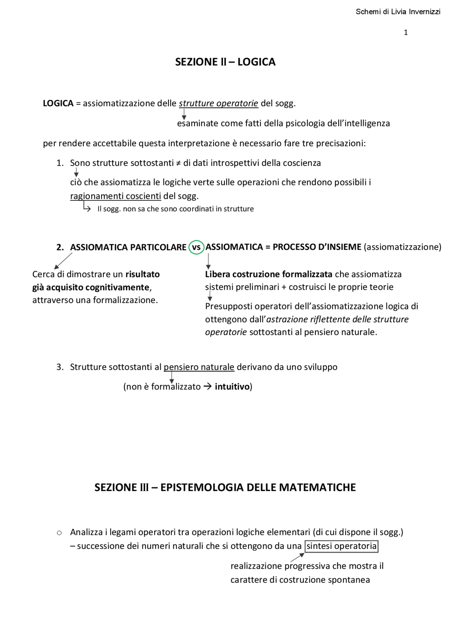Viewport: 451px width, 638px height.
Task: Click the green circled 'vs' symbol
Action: (196, 247)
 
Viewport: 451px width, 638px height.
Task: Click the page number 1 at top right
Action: (406, 32)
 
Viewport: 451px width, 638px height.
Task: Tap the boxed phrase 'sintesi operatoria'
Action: (341, 546)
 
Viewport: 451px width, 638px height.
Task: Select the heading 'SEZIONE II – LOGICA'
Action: (225, 62)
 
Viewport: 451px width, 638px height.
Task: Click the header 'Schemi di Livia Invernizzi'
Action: (398, 12)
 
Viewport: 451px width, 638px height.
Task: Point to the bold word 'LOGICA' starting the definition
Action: (58, 103)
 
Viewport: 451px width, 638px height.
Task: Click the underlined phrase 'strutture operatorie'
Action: (218, 103)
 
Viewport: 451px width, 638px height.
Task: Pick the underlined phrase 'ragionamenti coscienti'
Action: (116, 196)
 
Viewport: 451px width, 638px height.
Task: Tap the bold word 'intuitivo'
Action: (232, 386)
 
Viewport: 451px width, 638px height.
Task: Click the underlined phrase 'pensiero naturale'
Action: (199, 367)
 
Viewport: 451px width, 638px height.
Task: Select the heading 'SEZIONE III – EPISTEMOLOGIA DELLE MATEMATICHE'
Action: (225, 487)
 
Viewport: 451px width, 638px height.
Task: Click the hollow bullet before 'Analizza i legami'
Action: (59, 533)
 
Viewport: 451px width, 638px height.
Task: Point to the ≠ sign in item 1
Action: (178, 163)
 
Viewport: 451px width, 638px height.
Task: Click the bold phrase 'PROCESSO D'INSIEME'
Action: (317, 247)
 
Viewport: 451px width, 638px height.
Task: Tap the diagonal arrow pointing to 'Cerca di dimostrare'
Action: (63, 261)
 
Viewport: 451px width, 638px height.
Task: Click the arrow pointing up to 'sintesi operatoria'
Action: (297, 557)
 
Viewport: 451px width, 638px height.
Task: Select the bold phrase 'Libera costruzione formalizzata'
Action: (268, 274)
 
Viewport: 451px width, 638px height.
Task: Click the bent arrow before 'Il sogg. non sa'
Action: (87, 207)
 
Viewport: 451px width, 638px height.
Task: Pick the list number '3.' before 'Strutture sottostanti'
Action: (60, 367)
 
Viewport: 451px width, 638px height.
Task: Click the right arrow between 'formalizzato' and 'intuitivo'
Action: (208, 386)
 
